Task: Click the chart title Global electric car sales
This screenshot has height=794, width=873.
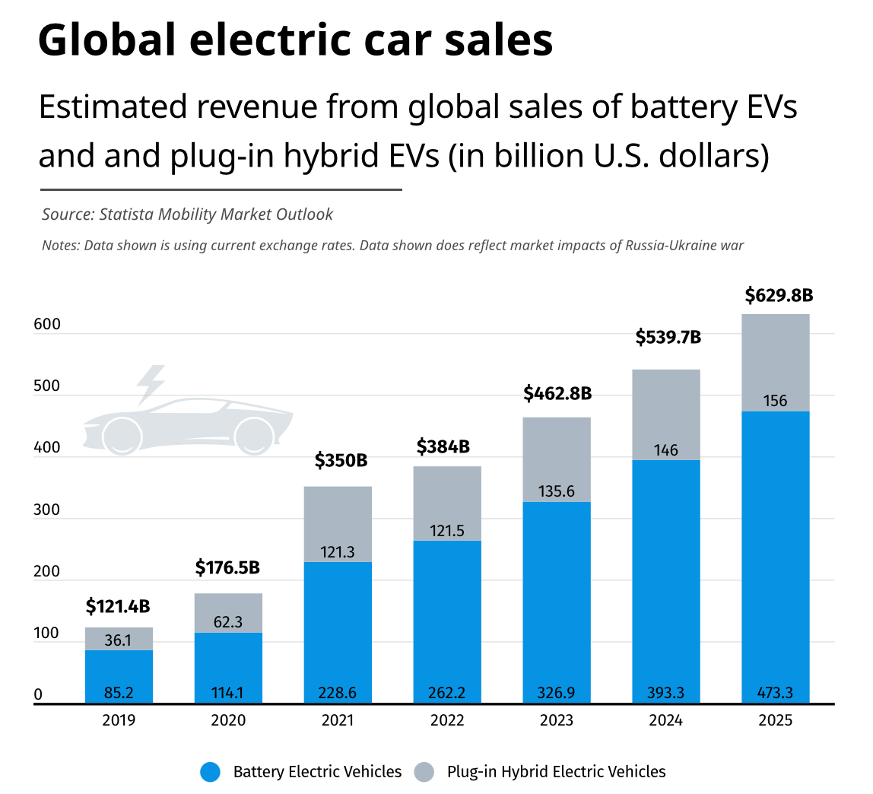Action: pos(295,41)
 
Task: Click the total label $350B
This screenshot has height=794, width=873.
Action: pos(341,460)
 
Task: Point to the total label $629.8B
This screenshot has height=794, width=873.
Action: pos(779,295)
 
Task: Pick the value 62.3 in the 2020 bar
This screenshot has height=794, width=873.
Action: pos(228,622)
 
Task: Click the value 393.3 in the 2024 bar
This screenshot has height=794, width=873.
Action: pos(666,693)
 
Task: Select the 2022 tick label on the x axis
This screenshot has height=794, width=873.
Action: pos(447,720)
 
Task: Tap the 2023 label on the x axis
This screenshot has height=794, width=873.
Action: pos(557,720)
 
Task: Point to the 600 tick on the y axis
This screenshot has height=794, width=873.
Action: pos(47,324)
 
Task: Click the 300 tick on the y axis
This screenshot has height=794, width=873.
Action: pos(47,510)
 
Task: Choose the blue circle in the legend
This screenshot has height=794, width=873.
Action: pos(210,772)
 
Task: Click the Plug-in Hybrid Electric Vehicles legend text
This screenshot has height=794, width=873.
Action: pos(556,772)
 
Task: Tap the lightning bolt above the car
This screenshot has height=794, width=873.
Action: pos(151,383)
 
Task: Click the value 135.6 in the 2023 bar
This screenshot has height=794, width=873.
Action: pos(557,491)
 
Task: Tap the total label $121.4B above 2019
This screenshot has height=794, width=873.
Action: pos(118,607)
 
